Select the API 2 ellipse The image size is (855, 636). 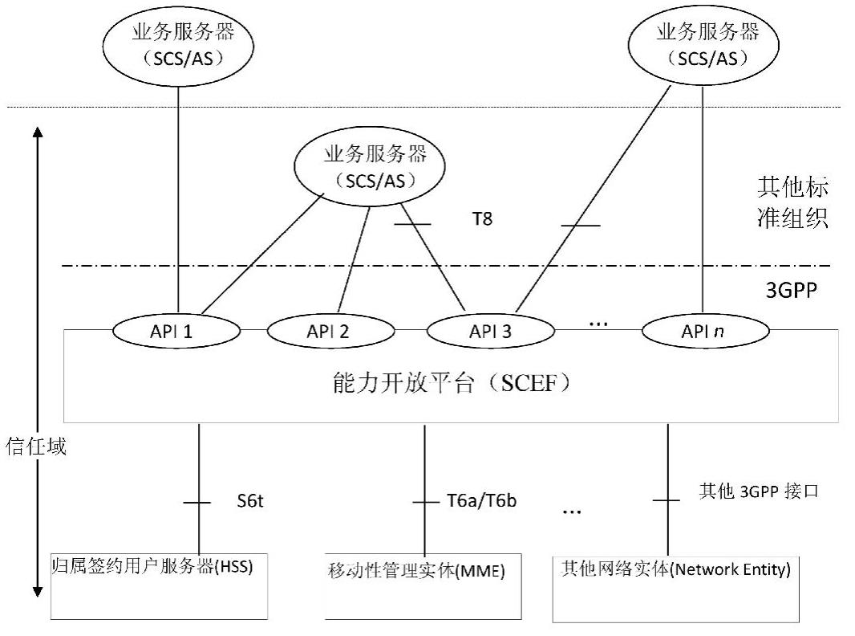330,329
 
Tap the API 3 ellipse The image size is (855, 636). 491,329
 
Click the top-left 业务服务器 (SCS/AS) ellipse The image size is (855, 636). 177,46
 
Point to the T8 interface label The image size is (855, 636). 482,218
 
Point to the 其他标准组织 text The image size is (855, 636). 792,203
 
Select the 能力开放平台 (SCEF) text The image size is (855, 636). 452,385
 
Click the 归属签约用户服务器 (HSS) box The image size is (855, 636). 158,585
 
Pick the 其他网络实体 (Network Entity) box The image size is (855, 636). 676,587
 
